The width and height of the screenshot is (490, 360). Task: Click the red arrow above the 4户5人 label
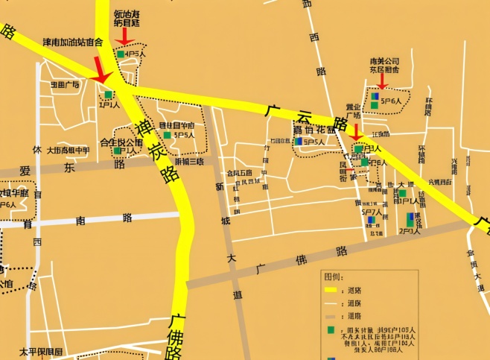(124, 35)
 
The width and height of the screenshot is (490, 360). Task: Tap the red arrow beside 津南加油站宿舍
(101, 72)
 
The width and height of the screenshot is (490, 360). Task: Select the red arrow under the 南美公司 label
(382, 80)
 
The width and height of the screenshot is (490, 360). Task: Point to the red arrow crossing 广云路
(355, 133)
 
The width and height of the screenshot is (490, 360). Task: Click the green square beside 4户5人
(121, 54)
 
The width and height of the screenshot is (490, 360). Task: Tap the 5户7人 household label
(370, 212)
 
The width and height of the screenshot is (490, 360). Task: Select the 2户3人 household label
(410, 231)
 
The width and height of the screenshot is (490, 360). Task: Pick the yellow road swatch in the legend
(331, 290)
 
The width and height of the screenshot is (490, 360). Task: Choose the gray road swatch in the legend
(331, 316)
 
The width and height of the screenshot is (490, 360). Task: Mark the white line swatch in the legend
(331, 303)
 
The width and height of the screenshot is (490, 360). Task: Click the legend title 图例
(332, 277)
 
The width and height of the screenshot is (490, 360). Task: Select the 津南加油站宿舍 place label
(72, 42)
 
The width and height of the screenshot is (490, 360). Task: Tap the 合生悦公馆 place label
(121, 142)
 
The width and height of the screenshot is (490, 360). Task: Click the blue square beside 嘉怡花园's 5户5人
(298, 141)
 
